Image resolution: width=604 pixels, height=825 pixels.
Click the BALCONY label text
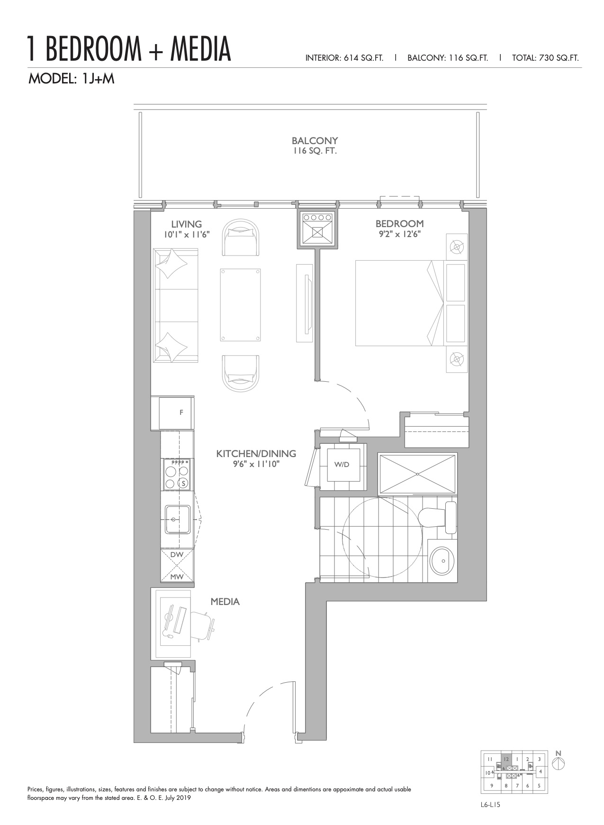point(315,141)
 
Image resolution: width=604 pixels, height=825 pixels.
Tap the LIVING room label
point(186,224)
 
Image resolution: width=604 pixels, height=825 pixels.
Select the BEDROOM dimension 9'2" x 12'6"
point(399,234)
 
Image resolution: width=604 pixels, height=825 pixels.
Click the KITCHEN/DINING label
point(256,454)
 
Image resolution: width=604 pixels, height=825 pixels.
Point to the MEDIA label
point(225,602)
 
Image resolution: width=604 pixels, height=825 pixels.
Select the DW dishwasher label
point(177,554)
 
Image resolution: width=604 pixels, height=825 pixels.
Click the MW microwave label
point(177,577)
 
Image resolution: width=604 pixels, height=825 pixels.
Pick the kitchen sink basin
point(178,520)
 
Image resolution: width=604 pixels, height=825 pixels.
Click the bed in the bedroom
point(399,302)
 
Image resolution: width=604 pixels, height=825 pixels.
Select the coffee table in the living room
point(241,304)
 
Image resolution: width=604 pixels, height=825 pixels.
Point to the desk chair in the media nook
point(202,624)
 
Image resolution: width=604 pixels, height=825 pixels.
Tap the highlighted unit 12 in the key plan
point(506,759)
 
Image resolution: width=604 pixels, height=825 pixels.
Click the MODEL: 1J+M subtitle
point(72,79)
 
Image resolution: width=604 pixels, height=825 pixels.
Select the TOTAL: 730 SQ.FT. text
point(545,58)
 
